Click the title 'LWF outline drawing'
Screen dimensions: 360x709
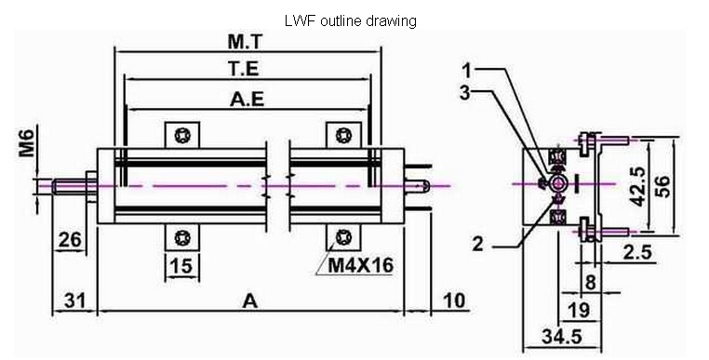coord(350,20)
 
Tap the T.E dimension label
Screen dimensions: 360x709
coord(245,69)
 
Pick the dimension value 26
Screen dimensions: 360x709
coord(71,239)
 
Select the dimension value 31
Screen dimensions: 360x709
coord(76,301)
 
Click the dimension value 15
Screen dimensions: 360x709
coord(182,266)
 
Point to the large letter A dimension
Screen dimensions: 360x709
coord(249,300)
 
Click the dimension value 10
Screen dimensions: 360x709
coord(453,300)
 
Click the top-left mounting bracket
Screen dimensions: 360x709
coord(182,135)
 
